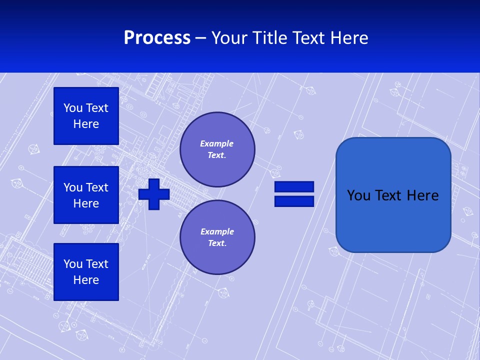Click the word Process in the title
[157, 38]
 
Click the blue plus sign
[154, 194]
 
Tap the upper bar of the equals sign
[294, 187]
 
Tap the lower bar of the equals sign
[294, 201]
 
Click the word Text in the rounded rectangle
[389, 195]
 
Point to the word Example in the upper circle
[216, 143]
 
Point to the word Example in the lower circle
[217, 231]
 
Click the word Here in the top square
[86, 124]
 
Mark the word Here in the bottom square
[86, 280]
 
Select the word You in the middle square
[72, 187]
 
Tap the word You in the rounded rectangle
[358, 195]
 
